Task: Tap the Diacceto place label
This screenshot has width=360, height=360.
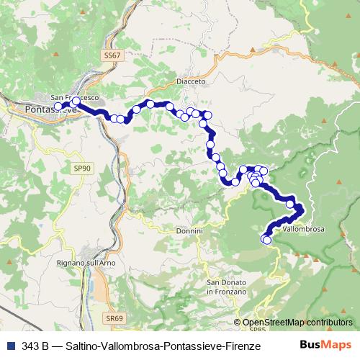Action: click(x=191, y=82)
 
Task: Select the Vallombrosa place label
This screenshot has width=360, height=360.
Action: click(x=303, y=229)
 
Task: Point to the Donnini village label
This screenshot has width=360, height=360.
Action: click(x=190, y=231)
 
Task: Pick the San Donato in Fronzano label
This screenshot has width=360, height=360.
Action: click(x=226, y=287)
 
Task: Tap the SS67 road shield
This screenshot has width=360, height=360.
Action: click(x=110, y=55)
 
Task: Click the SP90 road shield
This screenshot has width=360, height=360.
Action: click(x=83, y=168)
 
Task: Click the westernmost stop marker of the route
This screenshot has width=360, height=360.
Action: click(x=59, y=107)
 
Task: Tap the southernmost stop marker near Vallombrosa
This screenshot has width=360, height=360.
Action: click(x=267, y=240)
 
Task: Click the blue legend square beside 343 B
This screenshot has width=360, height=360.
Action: click(x=11, y=346)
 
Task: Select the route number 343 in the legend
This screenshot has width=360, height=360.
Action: click(x=32, y=346)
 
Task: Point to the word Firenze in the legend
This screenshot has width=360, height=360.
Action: click(x=241, y=346)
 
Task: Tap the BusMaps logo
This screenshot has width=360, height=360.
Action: click(x=325, y=346)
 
